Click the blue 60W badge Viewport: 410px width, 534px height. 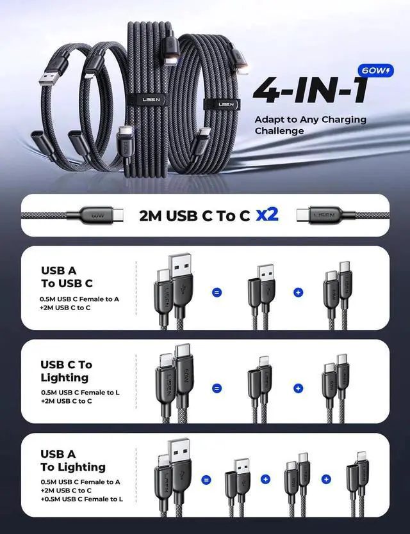[374, 70]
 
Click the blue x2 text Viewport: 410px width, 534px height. [267, 214]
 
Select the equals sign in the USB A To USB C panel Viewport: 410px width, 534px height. [217, 292]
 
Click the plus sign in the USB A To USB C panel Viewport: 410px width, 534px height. [298, 292]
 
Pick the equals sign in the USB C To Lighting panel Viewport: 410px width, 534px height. [217, 388]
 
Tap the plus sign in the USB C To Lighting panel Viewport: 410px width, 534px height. [298, 388]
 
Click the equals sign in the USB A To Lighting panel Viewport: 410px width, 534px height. [206, 479]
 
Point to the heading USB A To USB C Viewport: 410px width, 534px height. [67, 277]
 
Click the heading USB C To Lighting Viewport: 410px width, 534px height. [66, 371]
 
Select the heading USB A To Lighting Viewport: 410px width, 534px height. [72, 460]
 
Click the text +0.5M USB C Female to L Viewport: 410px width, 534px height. [82, 499]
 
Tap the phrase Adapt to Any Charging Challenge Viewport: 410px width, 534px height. [310, 125]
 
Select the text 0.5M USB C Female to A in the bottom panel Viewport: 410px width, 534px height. [80, 482]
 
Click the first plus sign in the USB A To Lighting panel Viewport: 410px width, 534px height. [265, 479]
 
